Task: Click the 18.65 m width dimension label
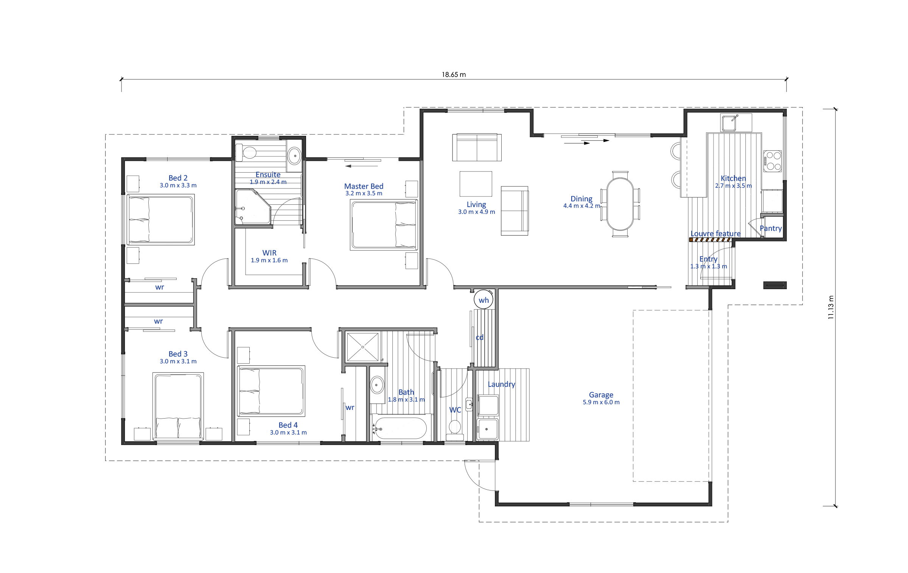click(454, 75)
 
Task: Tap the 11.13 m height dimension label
click(831, 307)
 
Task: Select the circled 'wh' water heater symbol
click(484, 300)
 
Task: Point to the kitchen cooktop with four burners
click(772, 161)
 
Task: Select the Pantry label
click(771, 228)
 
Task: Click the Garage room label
click(601, 395)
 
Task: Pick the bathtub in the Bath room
click(400, 428)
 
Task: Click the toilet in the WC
click(454, 429)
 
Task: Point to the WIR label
click(269, 252)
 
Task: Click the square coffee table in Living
click(476, 184)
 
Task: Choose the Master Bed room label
click(364, 186)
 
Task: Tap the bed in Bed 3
click(178, 406)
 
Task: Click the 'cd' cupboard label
click(479, 337)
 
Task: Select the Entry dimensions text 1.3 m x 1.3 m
click(709, 266)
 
